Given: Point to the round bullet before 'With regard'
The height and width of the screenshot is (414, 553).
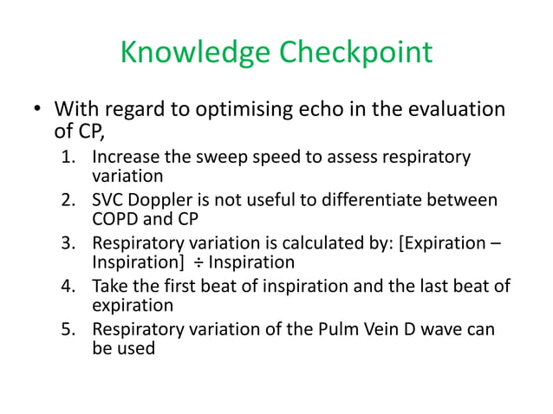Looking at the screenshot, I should [x=37, y=112].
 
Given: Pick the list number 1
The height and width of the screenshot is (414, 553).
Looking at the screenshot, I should [x=68, y=158].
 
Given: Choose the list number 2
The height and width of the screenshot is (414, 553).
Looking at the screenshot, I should [x=68, y=201].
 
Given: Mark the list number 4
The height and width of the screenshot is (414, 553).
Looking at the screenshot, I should [x=68, y=286].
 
